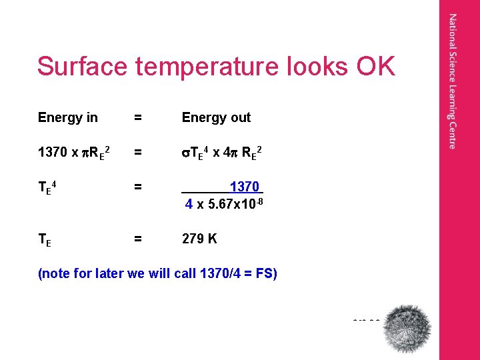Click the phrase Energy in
tap(68, 118)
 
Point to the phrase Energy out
tap(216, 118)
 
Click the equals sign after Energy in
tap(137, 118)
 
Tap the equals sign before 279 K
tap(137, 239)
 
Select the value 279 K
tap(199, 239)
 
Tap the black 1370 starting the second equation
tap(52, 154)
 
